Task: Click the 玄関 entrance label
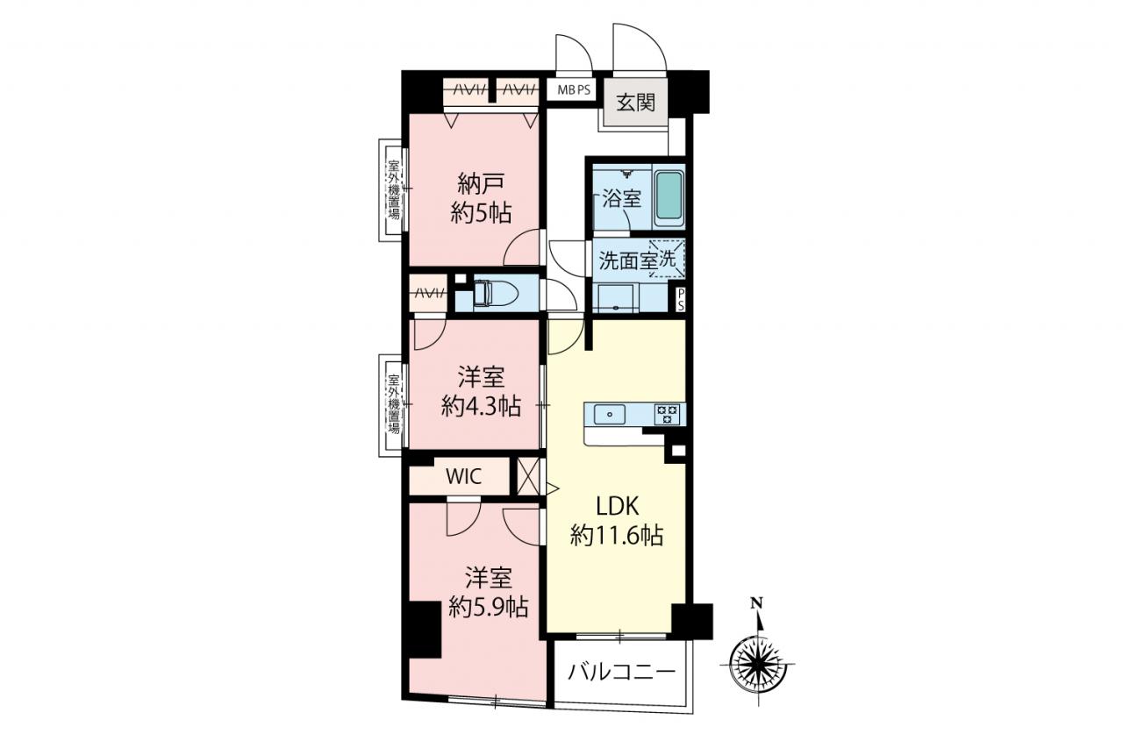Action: pyautogui.click(x=635, y=103)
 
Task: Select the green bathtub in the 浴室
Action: pyautogui.click(x=669, y=196)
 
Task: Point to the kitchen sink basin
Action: pyautogui.click(x=610, y=414)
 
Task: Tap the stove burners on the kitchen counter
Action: pyautogui.click(x=668, y=414)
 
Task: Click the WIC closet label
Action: pyautogui.click(x=463, y=476)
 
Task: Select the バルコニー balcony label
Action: pyautogui.click(x=621, y=672)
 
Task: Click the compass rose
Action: pyautogui.click(x=757, y=665)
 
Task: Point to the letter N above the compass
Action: pyautogui.click(x=757, y=602)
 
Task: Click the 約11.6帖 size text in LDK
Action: pyautogui.click(x=617, y=536)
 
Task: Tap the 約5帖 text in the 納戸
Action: pyautogui.click(x=481, y=214)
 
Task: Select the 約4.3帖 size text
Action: pyautogui.click(x=481, y=406)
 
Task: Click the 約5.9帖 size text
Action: pyautogui.click(x=488, y=608)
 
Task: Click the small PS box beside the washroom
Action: pyautogui.click(x=680, y=300)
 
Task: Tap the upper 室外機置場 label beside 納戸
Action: pyautogui.click(x=394, y=190)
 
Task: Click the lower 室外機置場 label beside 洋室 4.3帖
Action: pyautogui.click(x=394, y=404)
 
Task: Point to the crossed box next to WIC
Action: pyautogui.click(x=528, y=476)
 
